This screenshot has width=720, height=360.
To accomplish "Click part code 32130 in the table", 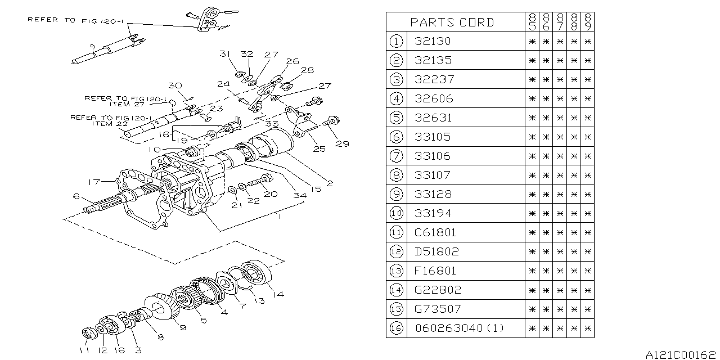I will pyautogui.click(x=433, y=41).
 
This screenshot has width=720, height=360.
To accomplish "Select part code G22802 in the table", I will pyautogui.click(x=438, y=290).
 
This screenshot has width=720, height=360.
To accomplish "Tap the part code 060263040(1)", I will pyautogui.click(x=460, y=328).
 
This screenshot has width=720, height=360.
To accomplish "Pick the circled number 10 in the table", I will pyautogui.click(x=397, y=213).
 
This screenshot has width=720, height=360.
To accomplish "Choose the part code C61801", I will pyautogui.click(x=435, y=232).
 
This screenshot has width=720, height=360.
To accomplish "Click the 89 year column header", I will pyautogui.click(x=587, y=22).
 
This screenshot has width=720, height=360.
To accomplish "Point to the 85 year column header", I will pyautogui.click(x=532, y=22).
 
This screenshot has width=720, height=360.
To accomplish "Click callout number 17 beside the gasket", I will pyautogui.click(x=93, y=182).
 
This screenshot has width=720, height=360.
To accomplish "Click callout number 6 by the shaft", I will pyautogui.click(x=75, y=196).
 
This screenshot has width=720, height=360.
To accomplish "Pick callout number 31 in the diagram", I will pyautogui.click(x=226, y=54).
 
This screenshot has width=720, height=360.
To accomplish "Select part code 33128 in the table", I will pyautogui.click(x=433, y=194).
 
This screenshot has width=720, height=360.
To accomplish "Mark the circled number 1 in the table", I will pyautogui.click(x=397, y=41).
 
